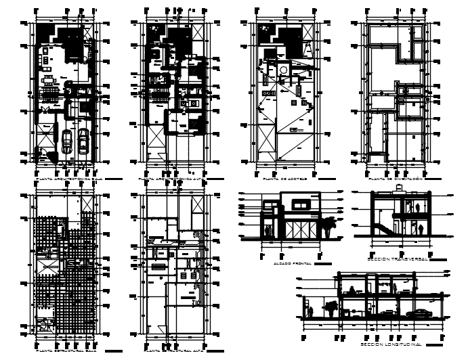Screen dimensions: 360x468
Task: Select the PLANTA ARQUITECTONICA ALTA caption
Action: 169,179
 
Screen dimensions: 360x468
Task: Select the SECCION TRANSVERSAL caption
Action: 396,259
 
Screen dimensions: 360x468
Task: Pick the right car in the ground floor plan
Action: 83,139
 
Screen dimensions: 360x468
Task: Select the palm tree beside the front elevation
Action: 329,224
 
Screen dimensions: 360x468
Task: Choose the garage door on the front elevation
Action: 299,228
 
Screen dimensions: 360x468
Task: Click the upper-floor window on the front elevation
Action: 299,204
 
